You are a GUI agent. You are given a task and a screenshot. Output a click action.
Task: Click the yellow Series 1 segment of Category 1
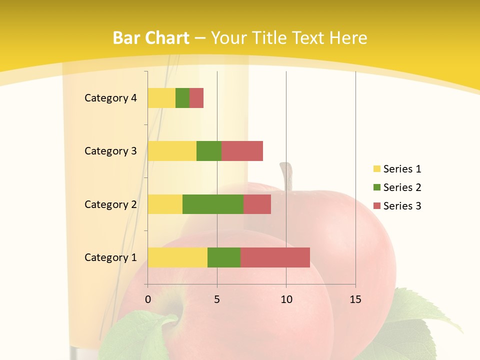(x=177, y=257)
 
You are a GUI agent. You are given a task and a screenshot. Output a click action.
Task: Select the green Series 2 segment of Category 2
(x=213, y=204)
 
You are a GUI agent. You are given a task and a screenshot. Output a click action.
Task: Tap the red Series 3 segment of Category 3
(x=242, y=151)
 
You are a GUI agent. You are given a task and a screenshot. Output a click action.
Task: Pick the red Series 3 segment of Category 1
(x=275, y=257)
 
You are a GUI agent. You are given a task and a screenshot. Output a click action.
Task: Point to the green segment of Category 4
(x=182, y=98)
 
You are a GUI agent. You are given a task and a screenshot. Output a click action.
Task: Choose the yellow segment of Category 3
(x=172, y=151)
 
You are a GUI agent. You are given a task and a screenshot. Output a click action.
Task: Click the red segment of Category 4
(x=196, y=98)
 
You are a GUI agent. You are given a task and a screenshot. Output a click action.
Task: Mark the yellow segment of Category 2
(x=165, y=204)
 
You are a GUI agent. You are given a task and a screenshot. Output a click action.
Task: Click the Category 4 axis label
(x=110, y=98)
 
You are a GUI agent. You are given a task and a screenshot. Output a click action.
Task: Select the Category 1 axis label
(x=110, y=257)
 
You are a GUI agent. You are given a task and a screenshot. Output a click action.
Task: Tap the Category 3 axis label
(x=110, y=151)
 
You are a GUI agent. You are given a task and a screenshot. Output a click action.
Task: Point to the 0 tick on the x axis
(x=148, y=299)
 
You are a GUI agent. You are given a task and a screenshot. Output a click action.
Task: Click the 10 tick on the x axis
(x=286, y=299)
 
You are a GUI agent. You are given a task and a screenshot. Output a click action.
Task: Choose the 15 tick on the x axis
(x=355, y=299)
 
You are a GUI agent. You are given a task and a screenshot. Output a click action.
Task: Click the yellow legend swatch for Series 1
(x=376, y=169)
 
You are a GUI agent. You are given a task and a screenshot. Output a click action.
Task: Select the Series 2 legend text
(x=402, y=187)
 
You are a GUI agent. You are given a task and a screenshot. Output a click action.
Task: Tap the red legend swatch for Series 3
(x=376, y=206)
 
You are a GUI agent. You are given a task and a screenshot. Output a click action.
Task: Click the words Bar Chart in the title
(x=151, y=38)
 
